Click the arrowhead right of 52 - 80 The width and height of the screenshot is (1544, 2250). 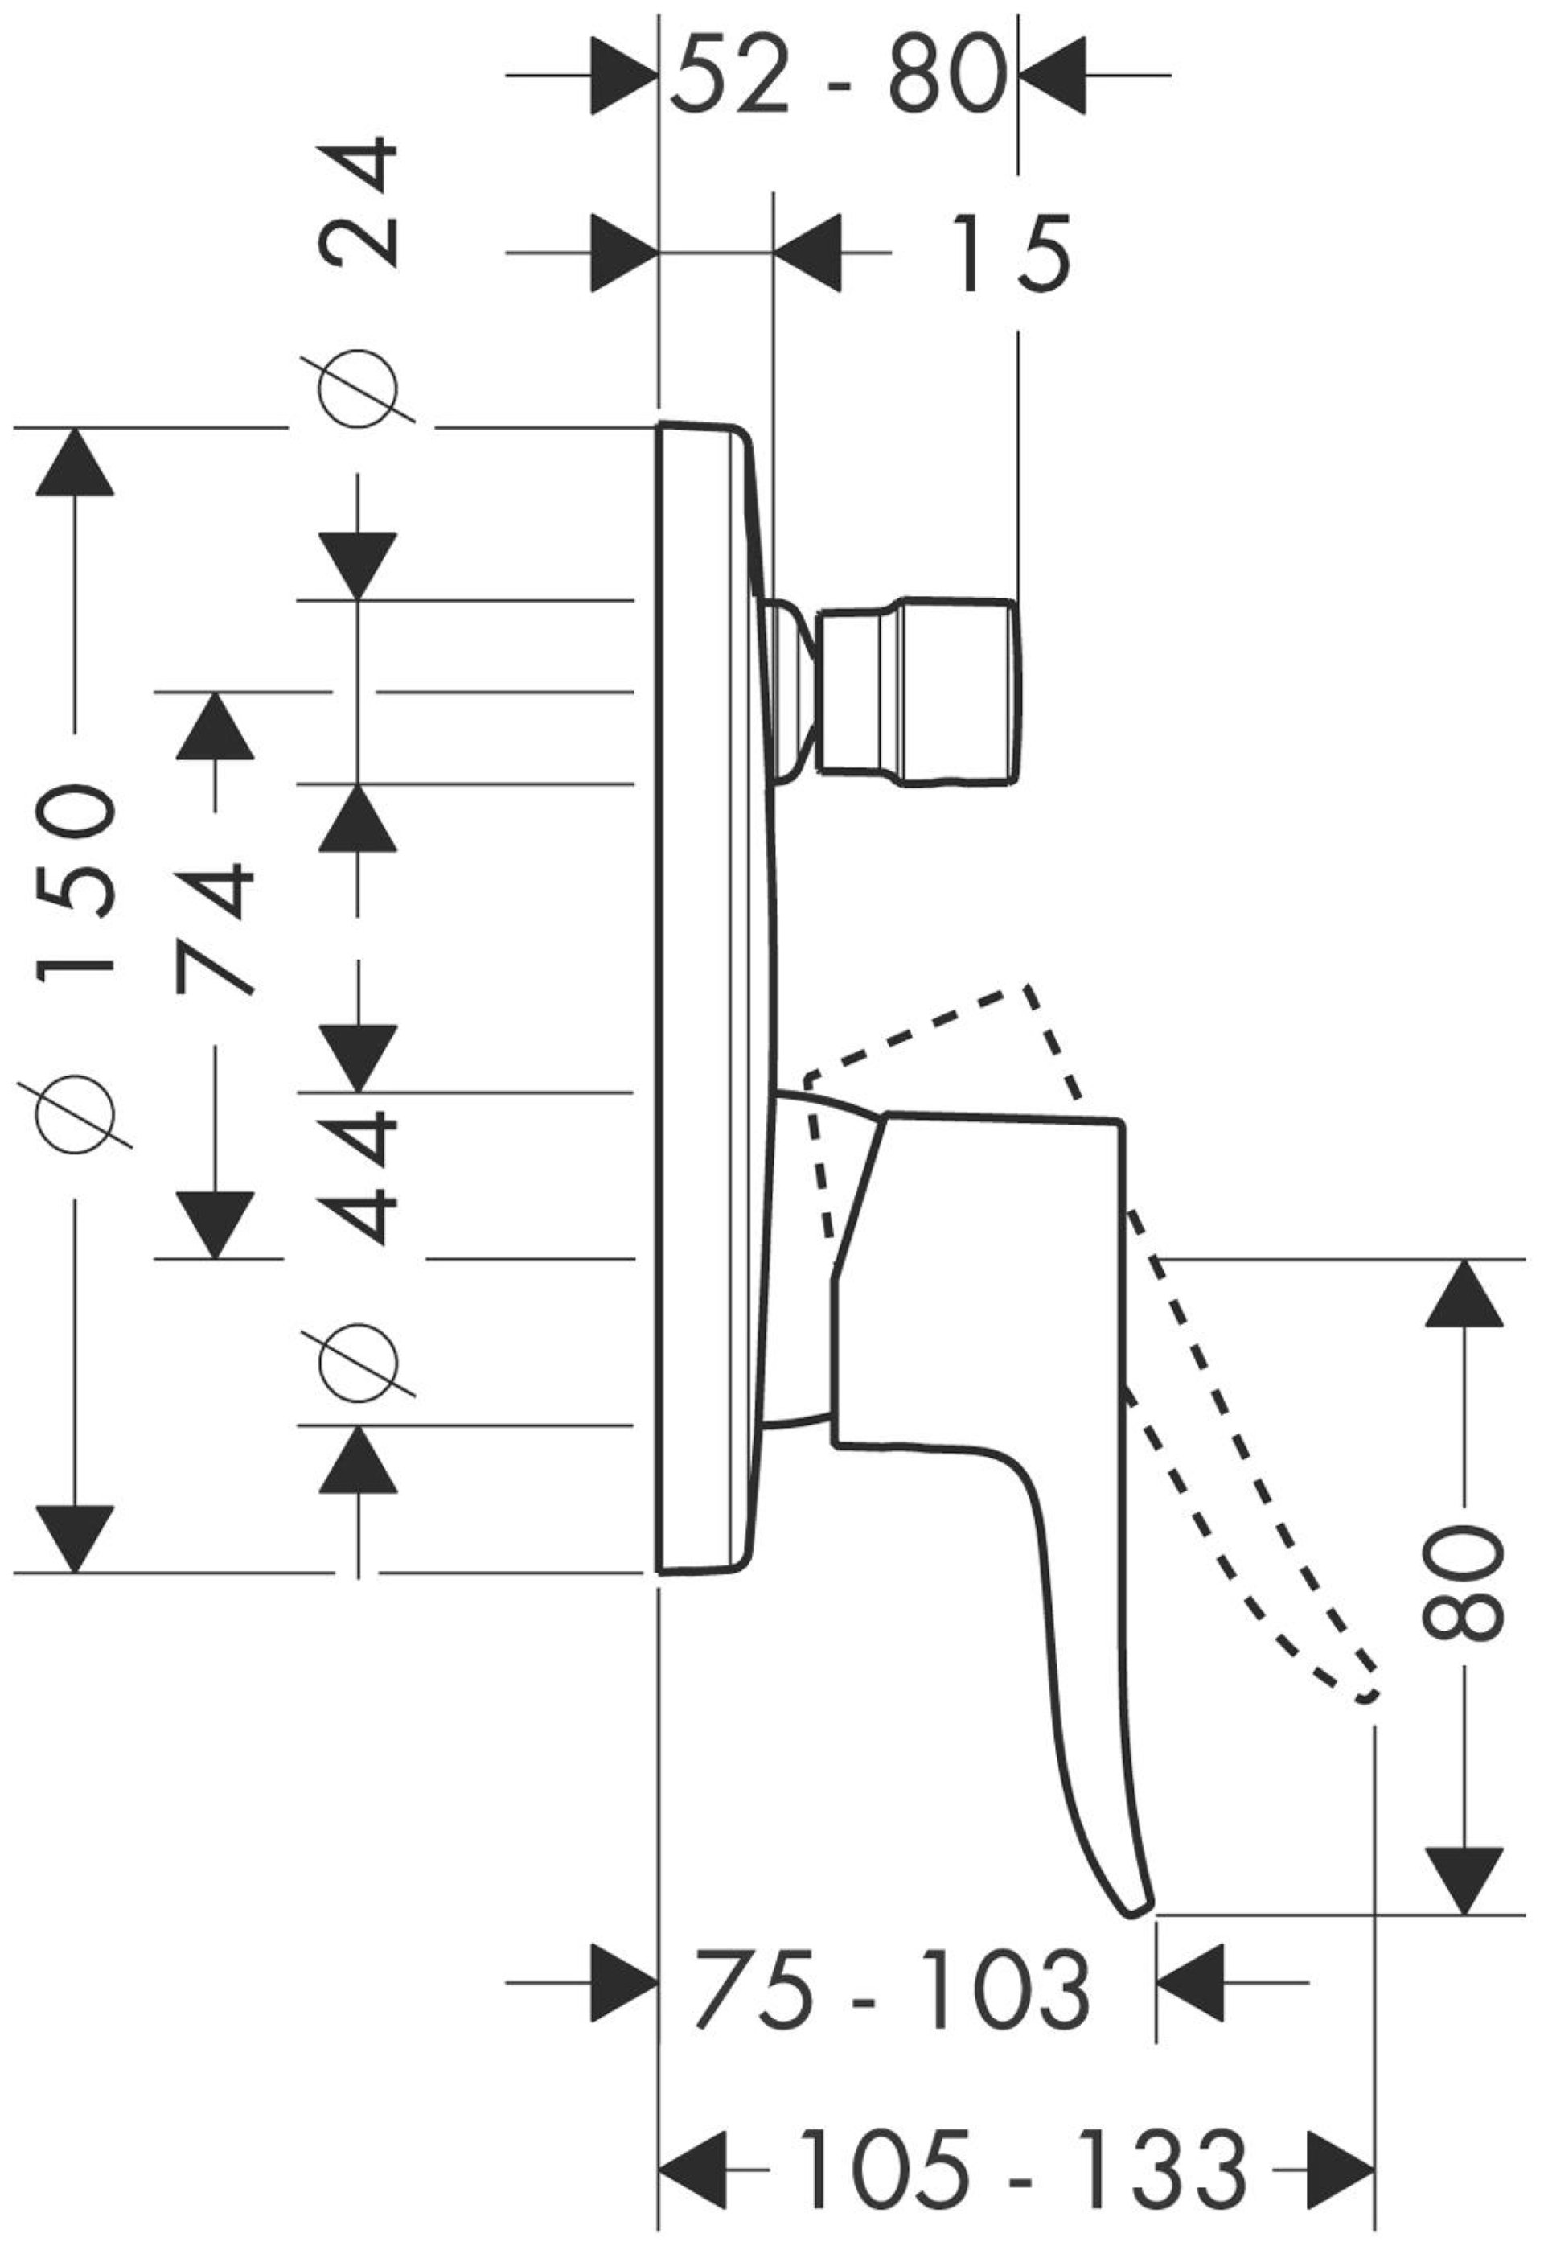(1051, 75)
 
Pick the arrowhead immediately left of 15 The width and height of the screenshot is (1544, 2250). (807, 253)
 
